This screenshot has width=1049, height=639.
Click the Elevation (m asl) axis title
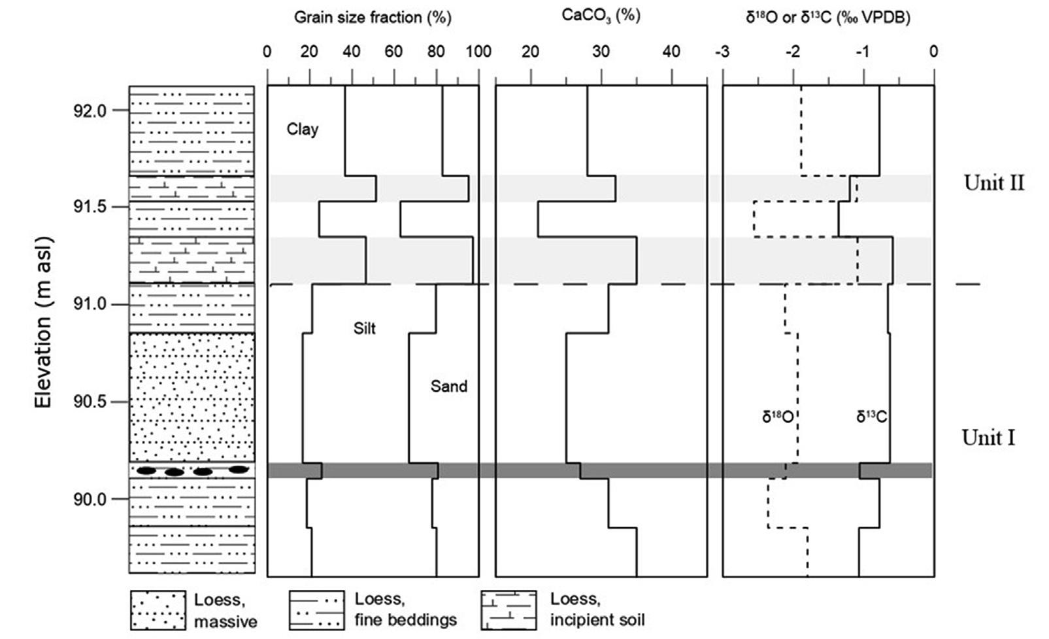coord(43,322)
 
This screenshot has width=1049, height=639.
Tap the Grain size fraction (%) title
coord(373,18)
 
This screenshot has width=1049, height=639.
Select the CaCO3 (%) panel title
coord(601,16)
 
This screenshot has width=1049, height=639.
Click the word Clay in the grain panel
coord(303,130)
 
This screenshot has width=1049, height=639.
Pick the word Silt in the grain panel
coord(364,328)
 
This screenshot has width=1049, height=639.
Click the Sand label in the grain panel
coord(448,387)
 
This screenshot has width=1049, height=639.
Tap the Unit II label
coord(993,184)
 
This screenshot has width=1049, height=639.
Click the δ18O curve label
coord(777,416)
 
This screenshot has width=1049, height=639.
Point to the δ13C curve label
coord(871,416)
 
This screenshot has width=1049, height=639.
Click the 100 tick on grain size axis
coord(479,52)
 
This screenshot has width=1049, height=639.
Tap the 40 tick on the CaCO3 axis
coord(671,52)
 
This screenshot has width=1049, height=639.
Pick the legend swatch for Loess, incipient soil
coord(508,610)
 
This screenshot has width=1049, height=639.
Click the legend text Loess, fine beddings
coord(405,610)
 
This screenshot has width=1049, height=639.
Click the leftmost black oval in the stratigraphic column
coord(146,471)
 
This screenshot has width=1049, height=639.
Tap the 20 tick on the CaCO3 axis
coord(530,52)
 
